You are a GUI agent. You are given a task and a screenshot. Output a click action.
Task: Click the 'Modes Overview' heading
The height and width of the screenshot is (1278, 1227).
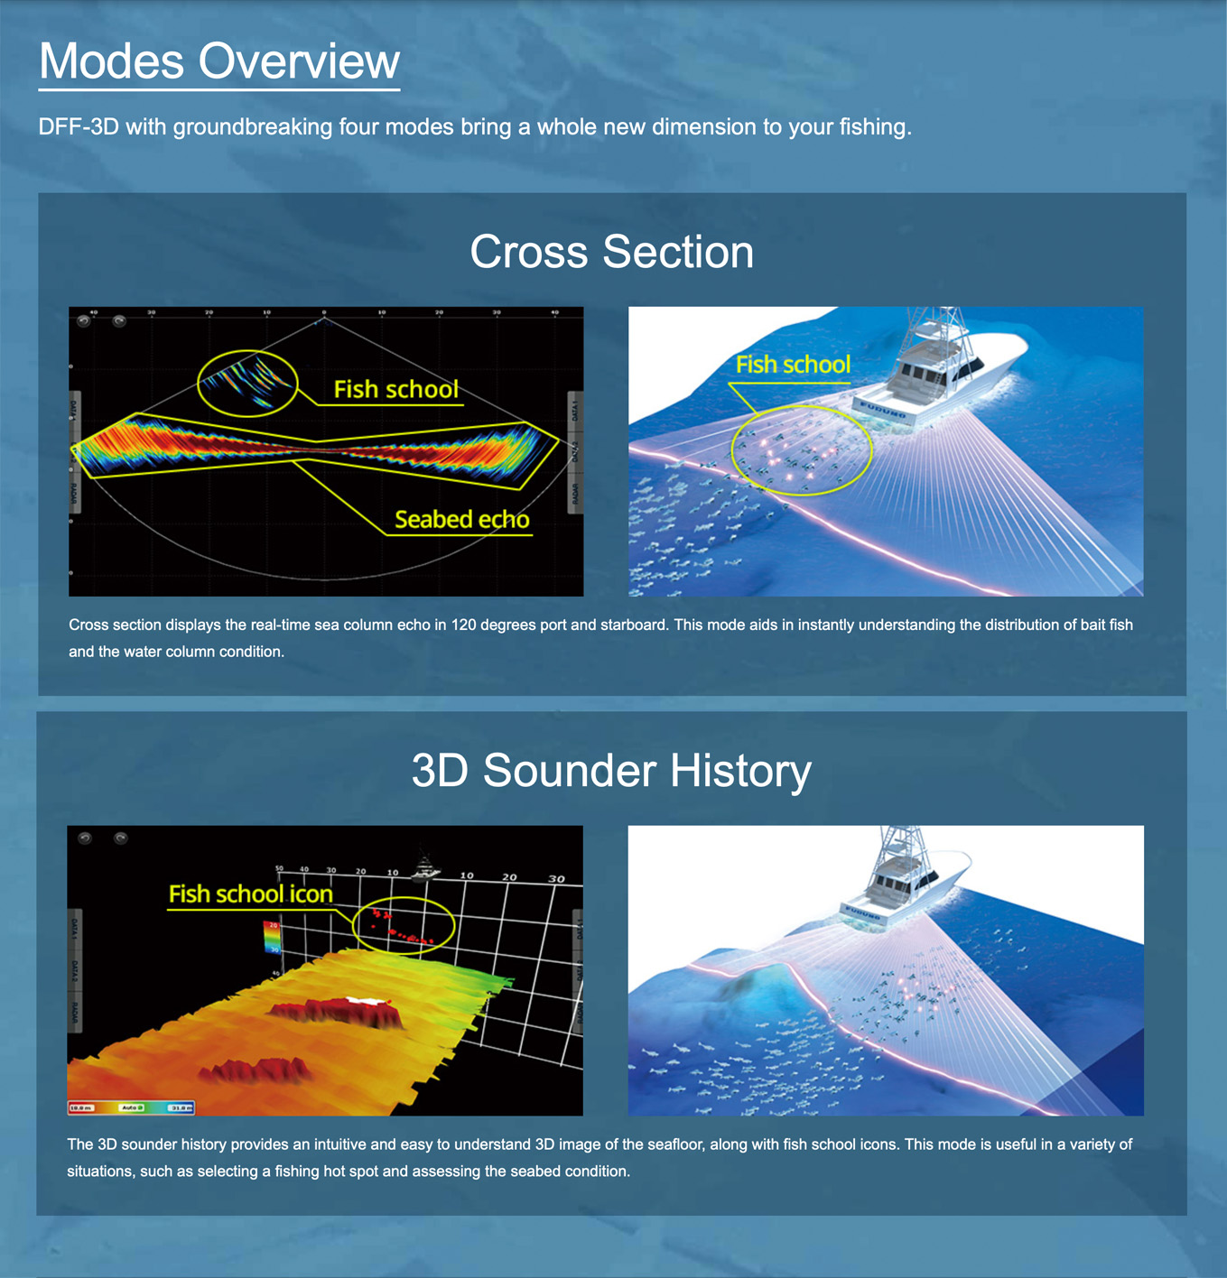[218, 61]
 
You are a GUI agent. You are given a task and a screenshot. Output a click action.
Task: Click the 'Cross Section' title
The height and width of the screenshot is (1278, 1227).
[611, 251]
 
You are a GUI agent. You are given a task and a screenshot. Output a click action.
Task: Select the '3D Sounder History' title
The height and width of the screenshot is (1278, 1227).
[611, 771]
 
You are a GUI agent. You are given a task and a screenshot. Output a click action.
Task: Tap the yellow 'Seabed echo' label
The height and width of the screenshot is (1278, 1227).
[461, 520]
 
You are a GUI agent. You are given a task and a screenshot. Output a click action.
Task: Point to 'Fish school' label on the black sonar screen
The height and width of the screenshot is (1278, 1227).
[395, 389]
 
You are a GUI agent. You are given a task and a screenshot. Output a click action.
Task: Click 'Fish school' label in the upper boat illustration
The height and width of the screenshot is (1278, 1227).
[793, 365]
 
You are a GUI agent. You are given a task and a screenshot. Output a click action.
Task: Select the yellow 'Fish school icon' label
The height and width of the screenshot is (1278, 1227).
[250, 894]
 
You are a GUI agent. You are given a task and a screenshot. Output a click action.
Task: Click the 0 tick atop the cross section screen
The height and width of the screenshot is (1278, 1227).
[324, 313]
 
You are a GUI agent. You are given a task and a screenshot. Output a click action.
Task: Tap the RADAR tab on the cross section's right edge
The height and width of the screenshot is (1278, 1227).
[574, 495]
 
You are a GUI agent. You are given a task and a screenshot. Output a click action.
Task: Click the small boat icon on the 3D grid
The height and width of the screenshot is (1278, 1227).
[424, 868]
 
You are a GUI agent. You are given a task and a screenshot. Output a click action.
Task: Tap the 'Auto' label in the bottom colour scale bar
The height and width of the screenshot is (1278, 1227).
[132, 1107]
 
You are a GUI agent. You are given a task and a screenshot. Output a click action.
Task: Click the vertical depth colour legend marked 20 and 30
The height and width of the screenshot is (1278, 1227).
[272, 937]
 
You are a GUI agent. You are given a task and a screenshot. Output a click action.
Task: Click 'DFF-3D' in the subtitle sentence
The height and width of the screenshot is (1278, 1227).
[79, 126]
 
